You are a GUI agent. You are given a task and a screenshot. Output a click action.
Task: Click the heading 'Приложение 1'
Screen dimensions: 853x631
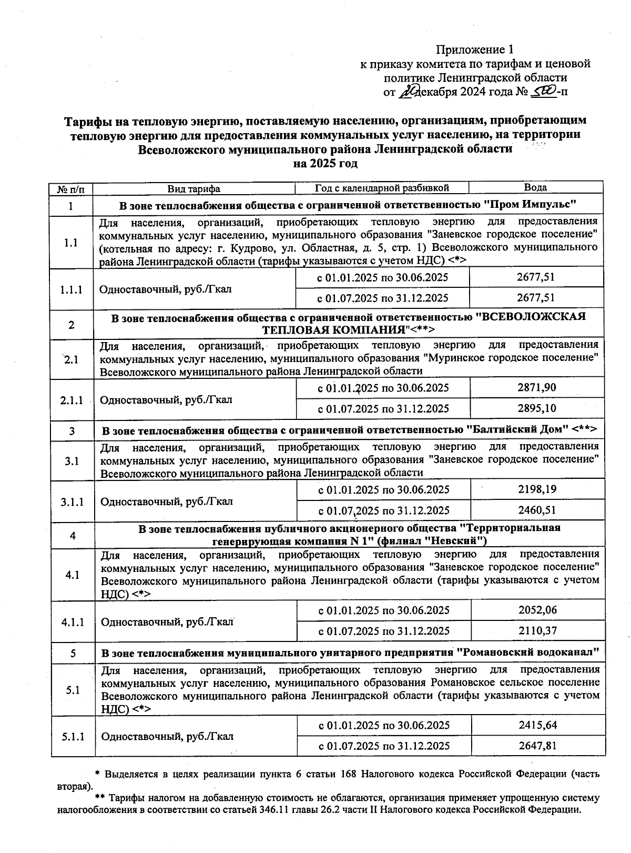tap(474, 49)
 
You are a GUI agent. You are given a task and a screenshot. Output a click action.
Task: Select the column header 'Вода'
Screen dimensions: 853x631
tap(535, 188)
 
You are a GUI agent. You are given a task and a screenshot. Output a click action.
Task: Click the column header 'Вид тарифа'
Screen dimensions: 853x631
tap(194, 188)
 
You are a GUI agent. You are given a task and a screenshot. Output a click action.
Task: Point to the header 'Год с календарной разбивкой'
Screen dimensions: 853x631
tap(382, 188)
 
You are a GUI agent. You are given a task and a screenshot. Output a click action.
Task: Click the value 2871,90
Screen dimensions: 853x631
tap(536, 388)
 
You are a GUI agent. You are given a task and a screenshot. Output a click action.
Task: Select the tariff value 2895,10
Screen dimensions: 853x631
tap(536, 408)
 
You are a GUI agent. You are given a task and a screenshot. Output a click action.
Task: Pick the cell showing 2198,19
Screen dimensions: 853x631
tap(537, 489)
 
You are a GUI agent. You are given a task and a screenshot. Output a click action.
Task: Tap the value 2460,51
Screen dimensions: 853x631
tap(537, 510)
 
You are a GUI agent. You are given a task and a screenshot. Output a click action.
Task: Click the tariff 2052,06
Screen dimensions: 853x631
tap(537, 610)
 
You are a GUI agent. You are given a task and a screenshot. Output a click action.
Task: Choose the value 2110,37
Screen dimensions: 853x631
tap(537, 630)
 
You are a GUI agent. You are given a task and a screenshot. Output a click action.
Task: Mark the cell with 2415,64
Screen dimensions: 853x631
tap(537, 725)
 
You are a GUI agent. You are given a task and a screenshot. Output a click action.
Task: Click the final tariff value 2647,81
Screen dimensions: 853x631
tap(537, 745)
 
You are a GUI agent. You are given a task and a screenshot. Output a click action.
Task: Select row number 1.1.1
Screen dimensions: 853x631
tap(71, 289)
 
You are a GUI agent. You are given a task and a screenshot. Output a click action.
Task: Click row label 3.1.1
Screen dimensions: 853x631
tap(72, 501)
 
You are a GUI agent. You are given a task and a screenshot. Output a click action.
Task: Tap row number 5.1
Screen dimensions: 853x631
tap(73, 690)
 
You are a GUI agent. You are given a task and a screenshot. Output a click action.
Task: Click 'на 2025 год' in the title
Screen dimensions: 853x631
tap(325, 163)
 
